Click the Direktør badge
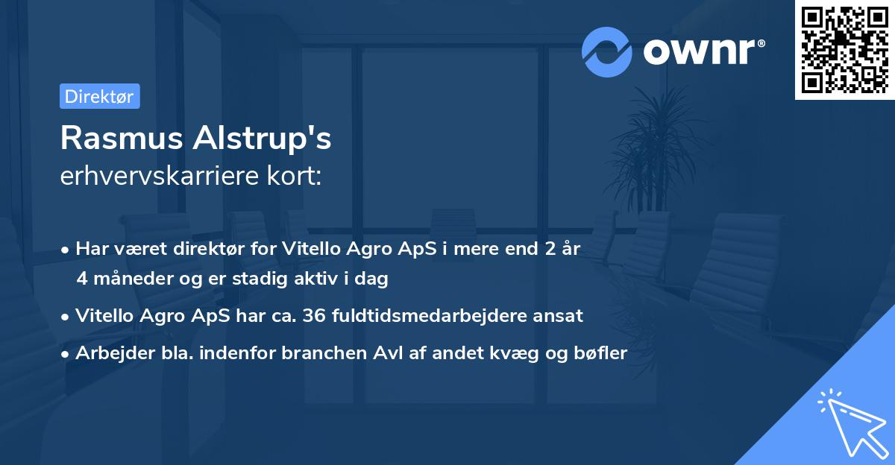(99, 96)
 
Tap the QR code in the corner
(844, 49)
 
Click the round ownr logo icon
(607, 52)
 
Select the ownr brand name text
(704, 52)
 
